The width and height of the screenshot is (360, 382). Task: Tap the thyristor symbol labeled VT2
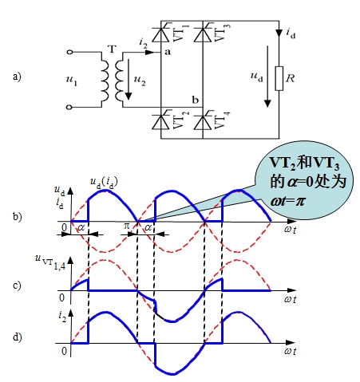point(160,122)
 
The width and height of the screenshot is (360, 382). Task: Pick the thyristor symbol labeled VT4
point(203,122)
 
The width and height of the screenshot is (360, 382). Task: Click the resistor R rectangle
point(279,78)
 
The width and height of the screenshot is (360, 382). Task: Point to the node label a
point(168,52)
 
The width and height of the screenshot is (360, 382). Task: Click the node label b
point(196,100)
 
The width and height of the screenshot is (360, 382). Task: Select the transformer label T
point(112,49)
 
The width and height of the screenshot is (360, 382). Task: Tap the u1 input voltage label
point(72,80)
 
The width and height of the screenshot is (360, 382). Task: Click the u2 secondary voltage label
point(140,80)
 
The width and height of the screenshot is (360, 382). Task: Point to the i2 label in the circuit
point(143,44)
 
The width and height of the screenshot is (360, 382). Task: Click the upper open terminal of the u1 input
point(69,53)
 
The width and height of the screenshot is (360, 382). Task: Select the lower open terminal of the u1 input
point(69,107)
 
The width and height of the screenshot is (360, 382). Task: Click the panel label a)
point(17,77)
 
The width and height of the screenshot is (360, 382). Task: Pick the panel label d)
point(18,337)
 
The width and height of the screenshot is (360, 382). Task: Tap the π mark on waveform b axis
point(127,226)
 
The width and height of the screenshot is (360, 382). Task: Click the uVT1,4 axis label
point(50,262)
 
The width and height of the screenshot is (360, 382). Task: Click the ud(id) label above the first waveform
point(104,183)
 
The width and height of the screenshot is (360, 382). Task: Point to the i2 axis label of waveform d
point(62,317)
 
